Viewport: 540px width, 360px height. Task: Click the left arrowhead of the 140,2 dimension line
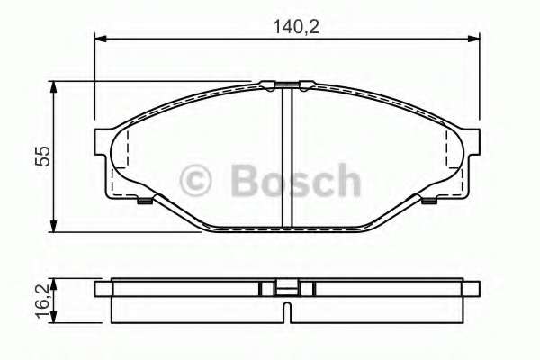[100, 39]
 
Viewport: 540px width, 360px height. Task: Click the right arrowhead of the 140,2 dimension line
[475, 39]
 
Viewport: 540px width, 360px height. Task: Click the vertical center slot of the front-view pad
[285, 157]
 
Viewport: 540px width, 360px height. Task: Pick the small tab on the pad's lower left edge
[141, 200]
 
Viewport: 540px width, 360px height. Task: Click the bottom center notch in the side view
[285, 315]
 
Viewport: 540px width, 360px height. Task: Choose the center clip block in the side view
[285, 289]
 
